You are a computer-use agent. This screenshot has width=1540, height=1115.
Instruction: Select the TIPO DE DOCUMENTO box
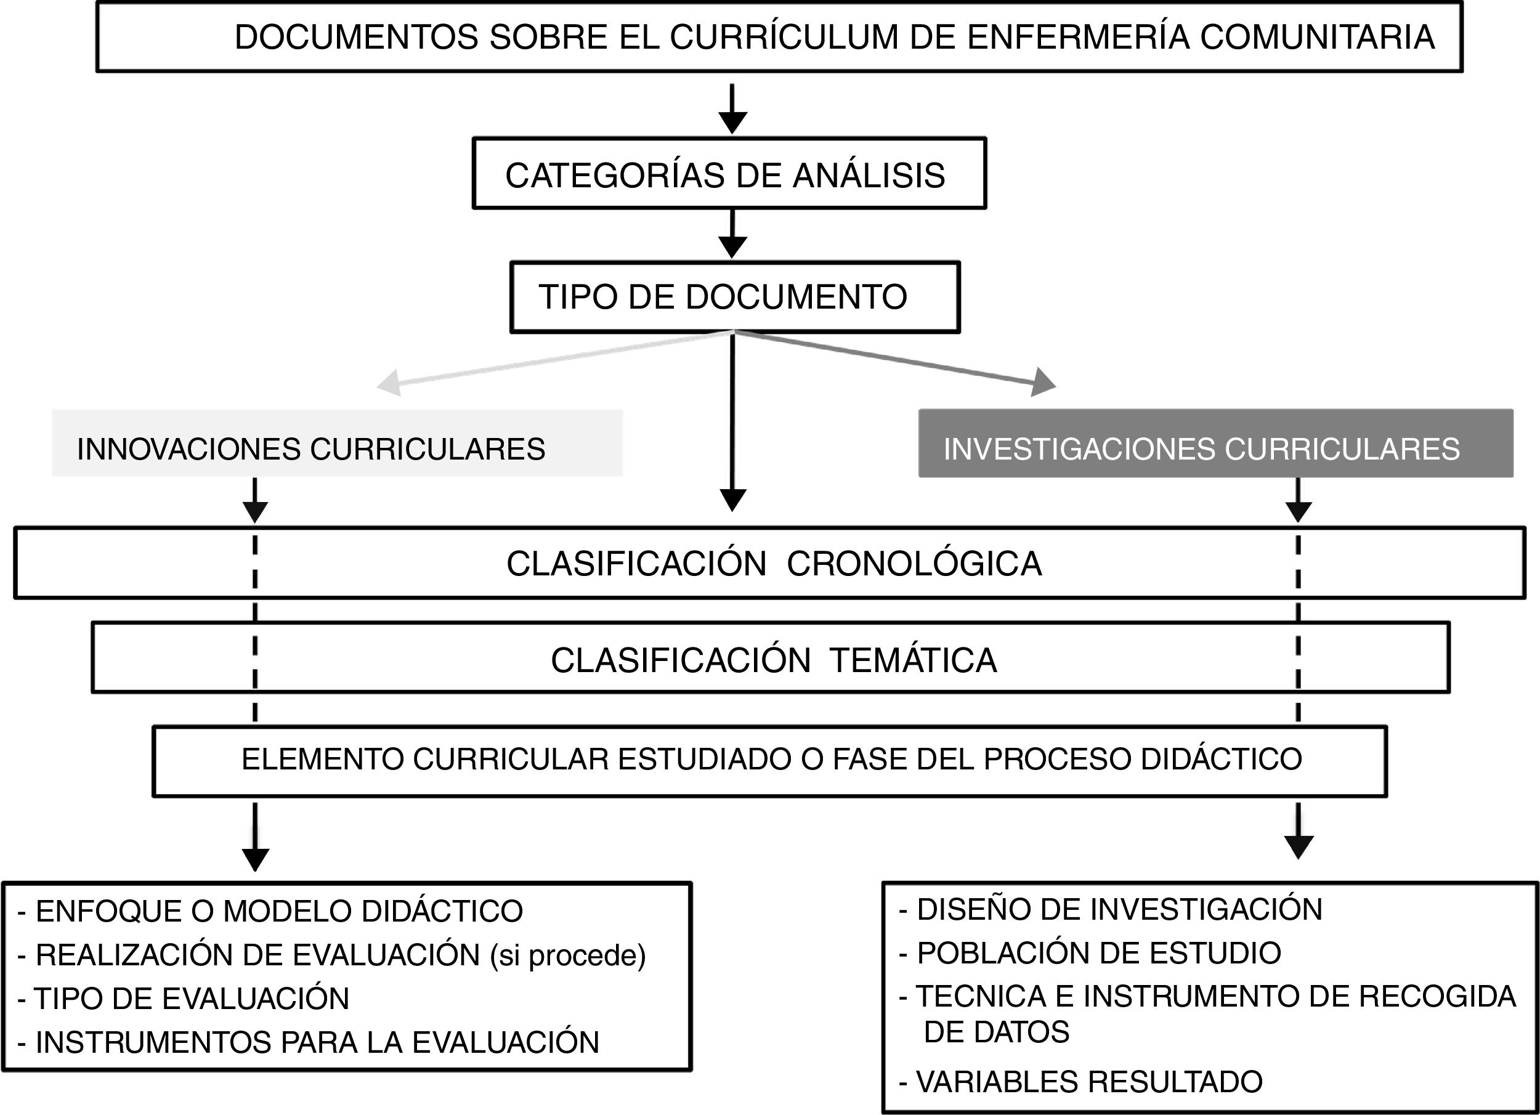pos(734,297)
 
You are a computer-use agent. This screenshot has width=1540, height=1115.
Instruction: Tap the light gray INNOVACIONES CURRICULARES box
pos(337,444)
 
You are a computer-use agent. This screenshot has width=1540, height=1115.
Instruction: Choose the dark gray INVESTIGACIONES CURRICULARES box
pos(1215,444)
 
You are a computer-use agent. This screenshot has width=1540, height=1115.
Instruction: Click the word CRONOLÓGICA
pos(914,564)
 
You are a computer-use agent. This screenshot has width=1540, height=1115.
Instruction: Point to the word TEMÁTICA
pos(914,660)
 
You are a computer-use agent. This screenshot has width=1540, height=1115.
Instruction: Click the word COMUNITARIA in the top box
pos(1317,38)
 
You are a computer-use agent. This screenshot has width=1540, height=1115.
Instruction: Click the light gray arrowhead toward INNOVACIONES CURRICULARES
pos(389,383)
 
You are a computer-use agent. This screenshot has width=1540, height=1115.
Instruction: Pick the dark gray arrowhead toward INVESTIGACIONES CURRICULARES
pos(1043,383)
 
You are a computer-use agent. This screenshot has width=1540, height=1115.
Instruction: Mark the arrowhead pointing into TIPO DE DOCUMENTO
pos(732,246)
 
